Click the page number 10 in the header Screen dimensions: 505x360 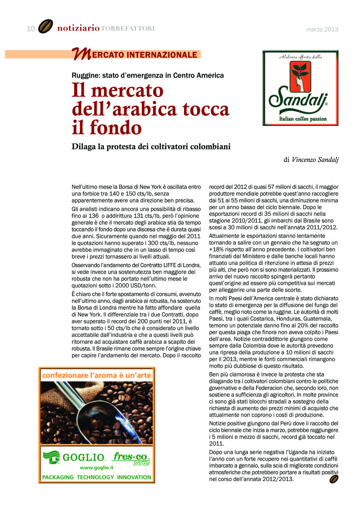(x=30, y=29)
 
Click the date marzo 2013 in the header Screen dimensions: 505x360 (x=322, y=29)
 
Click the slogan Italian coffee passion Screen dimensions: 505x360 (x=303, y=119)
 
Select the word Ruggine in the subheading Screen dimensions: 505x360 (x=85, y=76)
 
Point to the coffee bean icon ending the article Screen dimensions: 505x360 (x=334, y=479)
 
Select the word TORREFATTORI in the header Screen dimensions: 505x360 (x=128, y=29)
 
